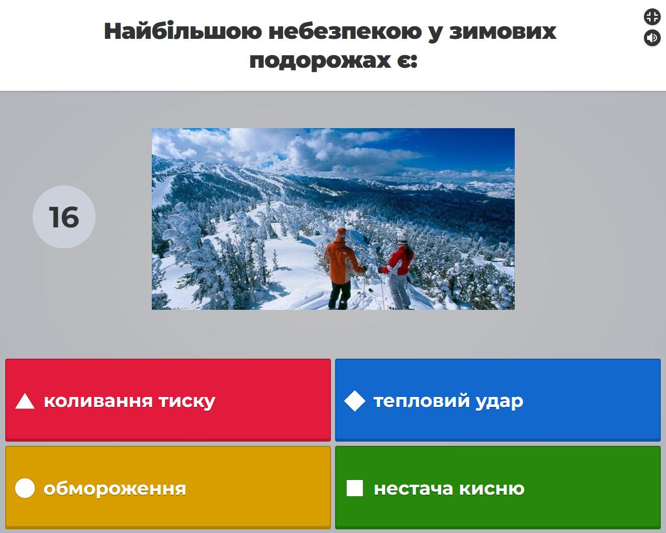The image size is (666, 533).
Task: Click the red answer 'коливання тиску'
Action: tap(168, 400)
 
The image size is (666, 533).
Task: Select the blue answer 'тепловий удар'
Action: tap(497, 400)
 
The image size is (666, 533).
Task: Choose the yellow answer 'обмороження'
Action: tap(168, 487)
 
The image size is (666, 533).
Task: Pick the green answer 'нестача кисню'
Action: tap(497, 487)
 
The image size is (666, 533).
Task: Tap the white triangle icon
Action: tap(25, 401)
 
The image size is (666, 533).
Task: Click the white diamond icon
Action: tap(355, 401)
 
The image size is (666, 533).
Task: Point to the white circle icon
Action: tap(25, 488)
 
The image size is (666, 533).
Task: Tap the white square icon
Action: tap(355, 488)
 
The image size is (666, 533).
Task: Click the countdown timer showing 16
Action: tap(64, 217)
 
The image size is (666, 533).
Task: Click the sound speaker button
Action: tap(652, 38)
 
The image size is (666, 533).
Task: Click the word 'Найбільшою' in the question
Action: tap(183, 32)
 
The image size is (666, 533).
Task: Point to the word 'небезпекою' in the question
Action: tap(346, 32)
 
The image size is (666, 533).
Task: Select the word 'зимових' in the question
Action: tap(503, 32)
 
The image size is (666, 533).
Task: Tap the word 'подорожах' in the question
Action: tap(320, 61)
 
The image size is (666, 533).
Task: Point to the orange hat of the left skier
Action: tap(341, 232)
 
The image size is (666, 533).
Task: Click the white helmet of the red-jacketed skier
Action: tap(402, 238)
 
